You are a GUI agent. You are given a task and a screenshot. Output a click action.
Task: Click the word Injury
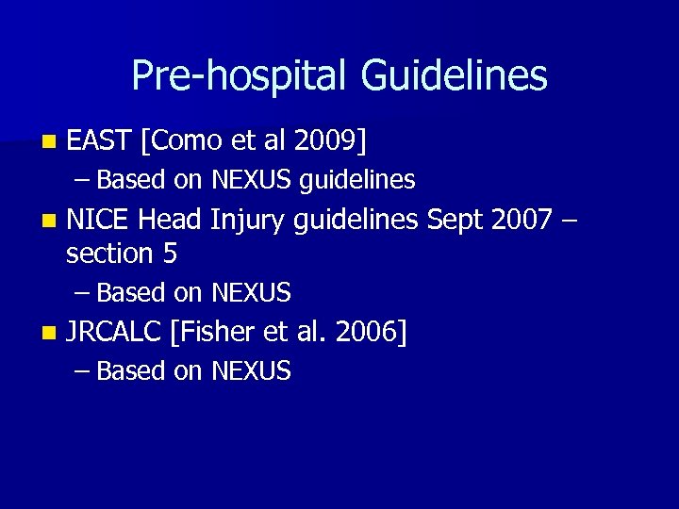[x=248, y=221]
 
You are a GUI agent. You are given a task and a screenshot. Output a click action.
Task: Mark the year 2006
[x=371, y=332]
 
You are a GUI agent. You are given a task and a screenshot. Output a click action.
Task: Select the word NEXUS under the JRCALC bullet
[x=252, y=371]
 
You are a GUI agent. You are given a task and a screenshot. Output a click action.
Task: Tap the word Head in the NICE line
[x=170, y=221]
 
